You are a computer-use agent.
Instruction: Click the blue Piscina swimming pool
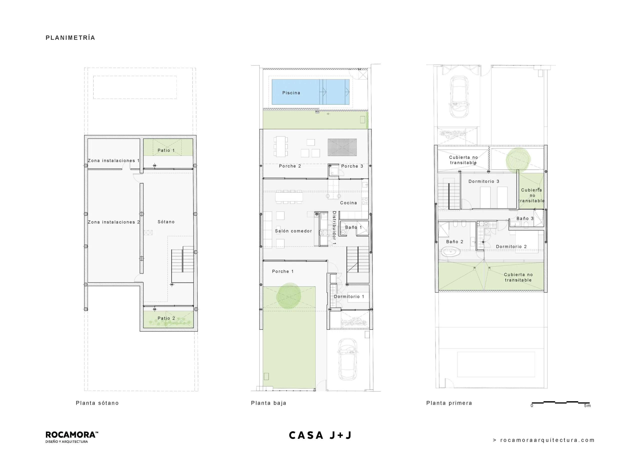pyautogui.click(x=310, y=92)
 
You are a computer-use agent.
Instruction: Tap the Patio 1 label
pyautogui.click(x=166, y=150)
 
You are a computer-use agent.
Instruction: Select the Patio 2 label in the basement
pyautogui.click(x=166, y=318)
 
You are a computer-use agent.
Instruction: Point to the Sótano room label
pyautogui.click(x=166, y=222)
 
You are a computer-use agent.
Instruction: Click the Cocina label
pyautogui.click(x=348, y=203)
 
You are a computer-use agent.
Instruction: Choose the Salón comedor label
pyautogui.click(x=293, y=231)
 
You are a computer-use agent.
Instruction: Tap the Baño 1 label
pyautogui.click(x=353, y=227)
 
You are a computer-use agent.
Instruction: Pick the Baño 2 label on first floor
pyautogui.click(x=455, y=242)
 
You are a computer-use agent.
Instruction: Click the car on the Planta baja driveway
pyautogui.click(x=347, y=359)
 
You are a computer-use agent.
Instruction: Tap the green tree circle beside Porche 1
pyautogui.click(x=289, y=296)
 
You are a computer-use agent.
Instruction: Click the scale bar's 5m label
pyautogui.click(x=587, y=405)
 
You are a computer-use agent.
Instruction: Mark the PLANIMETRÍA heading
pyautogui.click(x=70, y=38)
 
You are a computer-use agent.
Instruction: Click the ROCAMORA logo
pyautogui.click(x=72, y=437)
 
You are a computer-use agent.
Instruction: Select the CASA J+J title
pyautogui.click(x=320, y=435)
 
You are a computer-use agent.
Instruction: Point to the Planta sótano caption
pyautogui.click(x=97, y=403)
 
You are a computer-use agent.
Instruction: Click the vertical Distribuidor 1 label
pyautogui.click(x=334, y=228)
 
